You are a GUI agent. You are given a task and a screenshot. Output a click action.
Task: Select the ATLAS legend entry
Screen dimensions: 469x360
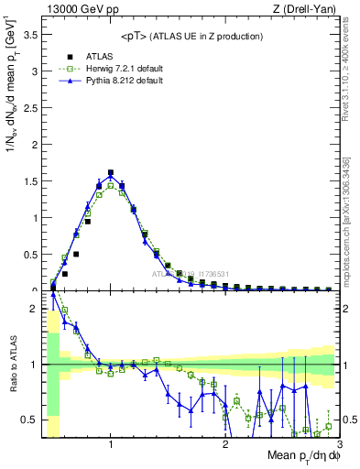pyautogui.click(x=98, y=55)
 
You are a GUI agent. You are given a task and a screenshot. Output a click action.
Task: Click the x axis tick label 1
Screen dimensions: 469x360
pyautogui.click(x=111, y=444)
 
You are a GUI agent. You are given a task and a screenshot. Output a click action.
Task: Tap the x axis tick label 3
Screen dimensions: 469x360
pyautogui.click(x=338, y=444)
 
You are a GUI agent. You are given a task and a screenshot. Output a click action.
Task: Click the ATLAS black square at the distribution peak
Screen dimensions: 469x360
pyautogui.click(x=111, y=172)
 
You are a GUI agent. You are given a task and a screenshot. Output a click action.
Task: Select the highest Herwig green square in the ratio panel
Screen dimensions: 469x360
pyautogui.click(x=64, y=311)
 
